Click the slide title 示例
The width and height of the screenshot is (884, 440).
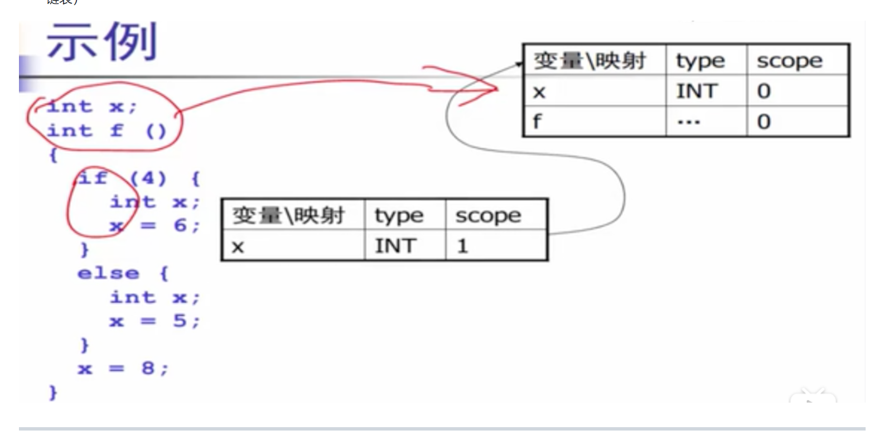tap(102, 42)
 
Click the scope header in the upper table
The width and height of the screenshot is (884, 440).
tap(789, 61)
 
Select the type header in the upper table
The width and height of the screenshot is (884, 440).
tap(700, 61)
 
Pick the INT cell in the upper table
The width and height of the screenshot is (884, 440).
tap(696, 91)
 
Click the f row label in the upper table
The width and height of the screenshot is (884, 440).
tap(537, 121)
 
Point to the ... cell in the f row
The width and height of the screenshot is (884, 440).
tap(689, 122)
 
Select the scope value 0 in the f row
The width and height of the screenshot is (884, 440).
tap(764, 122)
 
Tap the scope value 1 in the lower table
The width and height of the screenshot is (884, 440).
tap(462, 246)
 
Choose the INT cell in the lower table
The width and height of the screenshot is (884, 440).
tap(395, 245)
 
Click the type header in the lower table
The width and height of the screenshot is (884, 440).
tap(399, 216)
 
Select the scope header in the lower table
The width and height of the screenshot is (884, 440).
tap(488, 216)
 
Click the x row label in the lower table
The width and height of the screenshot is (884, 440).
tap(238, 247)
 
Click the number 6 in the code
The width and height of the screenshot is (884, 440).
tap(180, 225)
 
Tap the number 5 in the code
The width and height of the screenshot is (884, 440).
tap(179, 321)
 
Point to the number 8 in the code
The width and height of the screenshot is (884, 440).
tap(148, 368)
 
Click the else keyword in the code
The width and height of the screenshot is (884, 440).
tap(108, 273)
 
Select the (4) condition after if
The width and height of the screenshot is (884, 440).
tap(148, 178)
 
